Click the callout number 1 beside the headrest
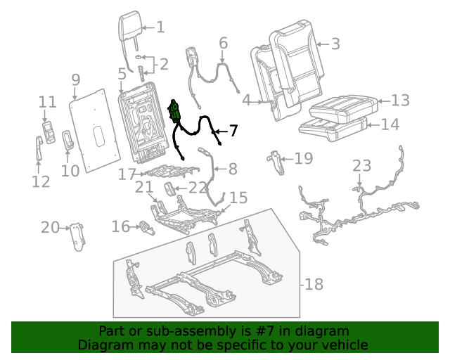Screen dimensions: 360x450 (x=160, y=27)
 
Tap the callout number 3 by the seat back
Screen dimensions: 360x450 (x=335, y=44)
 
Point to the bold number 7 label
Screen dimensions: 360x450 (x=233, y=130)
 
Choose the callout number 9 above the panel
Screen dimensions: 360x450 (x=76, y=79)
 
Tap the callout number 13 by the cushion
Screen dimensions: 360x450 (x=399, y=101)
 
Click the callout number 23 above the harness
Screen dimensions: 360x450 (x=361, y=166)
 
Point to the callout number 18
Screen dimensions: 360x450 (x=314, y=284)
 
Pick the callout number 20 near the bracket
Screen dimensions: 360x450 (x=49, y=227)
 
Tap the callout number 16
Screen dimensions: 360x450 (x=121, y=226)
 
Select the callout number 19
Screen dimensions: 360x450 (x=303, y=158)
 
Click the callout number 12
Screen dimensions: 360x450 (x=40, y=182)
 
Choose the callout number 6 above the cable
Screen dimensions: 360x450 (x=224, y=44)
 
